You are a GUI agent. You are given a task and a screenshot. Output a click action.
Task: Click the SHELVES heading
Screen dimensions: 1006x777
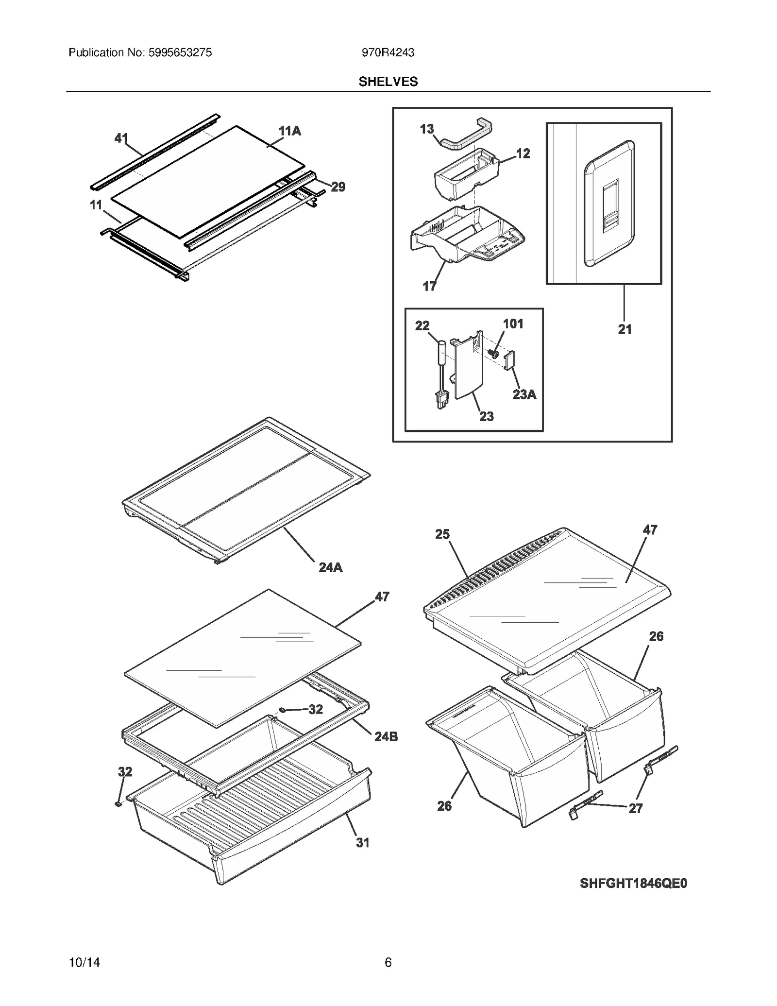click(x=388, y=82)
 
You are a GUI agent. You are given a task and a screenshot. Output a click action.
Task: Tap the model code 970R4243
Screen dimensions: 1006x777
click(x=388, y=52)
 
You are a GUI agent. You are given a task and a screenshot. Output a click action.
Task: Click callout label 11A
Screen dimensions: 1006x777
click(x=289, y=131)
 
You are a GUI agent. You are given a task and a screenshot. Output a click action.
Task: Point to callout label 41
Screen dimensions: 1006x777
click(x=121, y=138)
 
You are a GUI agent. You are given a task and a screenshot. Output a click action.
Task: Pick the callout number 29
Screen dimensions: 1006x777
click(x=338, y=187)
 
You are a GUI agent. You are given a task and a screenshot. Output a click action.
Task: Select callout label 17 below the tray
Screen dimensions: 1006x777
click(x=429, y=287)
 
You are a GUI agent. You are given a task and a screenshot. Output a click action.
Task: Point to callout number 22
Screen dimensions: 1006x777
click(x=422, y=325)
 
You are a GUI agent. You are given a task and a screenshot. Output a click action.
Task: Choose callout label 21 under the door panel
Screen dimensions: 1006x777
click(x=625, y=329)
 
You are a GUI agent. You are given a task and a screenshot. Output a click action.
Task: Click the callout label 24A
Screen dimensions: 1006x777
click(x=330, y=567)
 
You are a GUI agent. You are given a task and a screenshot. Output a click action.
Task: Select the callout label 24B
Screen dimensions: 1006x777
click(x=386, y=737)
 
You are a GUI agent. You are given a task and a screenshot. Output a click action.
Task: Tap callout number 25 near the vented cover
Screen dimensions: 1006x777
click(x=442, y=534)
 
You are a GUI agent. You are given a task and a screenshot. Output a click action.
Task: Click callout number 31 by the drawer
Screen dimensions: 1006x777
click(x=363, y=843)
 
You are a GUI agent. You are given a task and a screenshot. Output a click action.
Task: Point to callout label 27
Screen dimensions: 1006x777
click(x=635, y=808)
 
